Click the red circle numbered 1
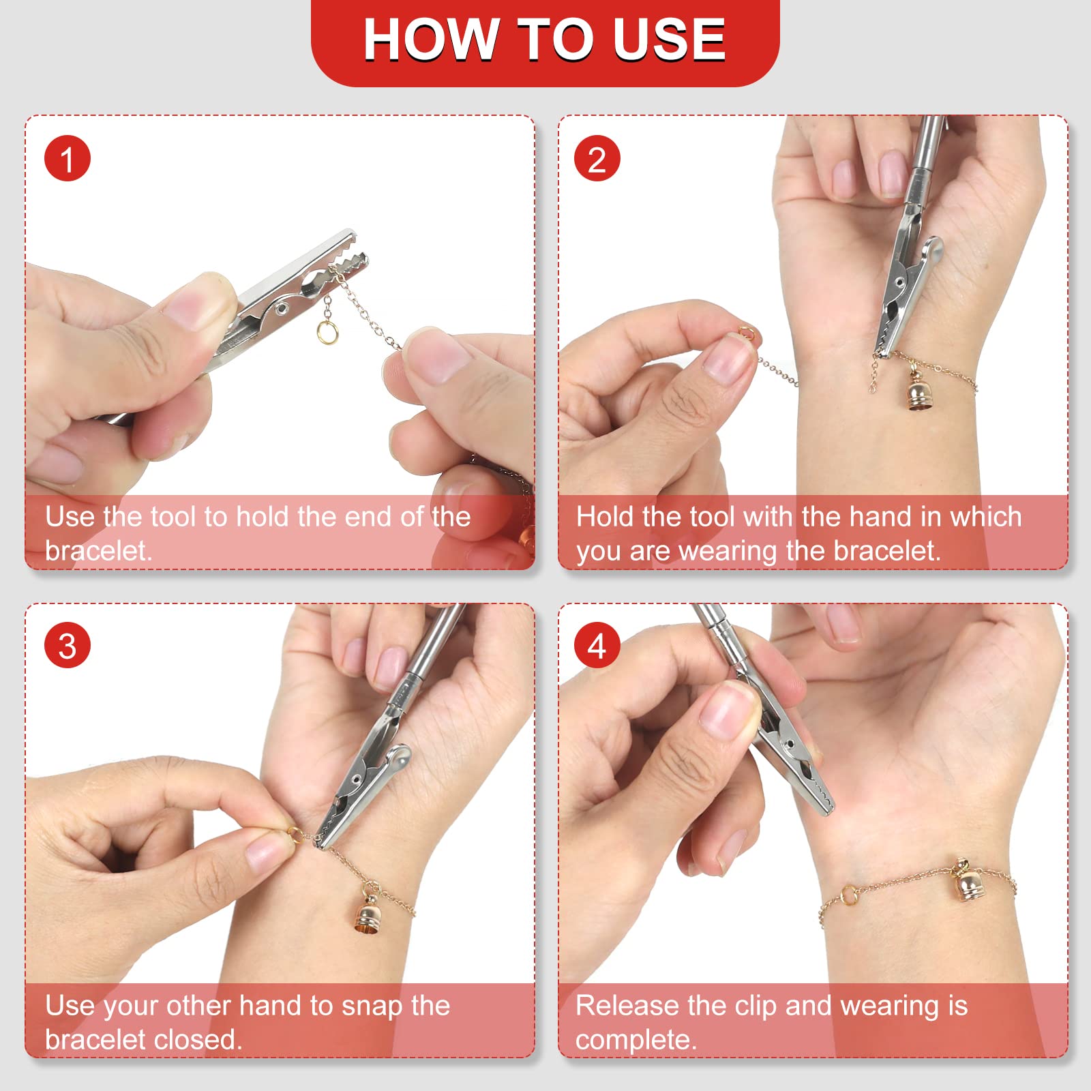click(x=68, y=159)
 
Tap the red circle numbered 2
click(x=597, y=159)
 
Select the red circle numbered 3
click(x=68, y=646)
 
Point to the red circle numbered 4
click(x=597, y=646)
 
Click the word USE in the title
click(x=669, y=39)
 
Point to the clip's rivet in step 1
click(x=280, y=309)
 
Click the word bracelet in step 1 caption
click(x=98, y=551)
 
